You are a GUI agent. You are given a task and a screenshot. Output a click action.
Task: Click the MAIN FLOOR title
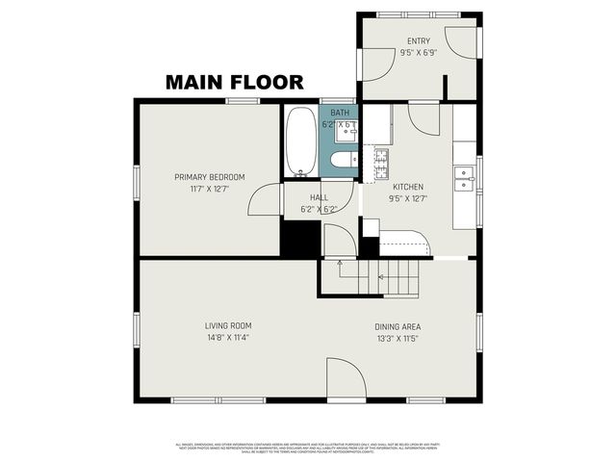[234, 83]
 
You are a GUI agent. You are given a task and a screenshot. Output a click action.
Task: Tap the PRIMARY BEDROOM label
[209, 177]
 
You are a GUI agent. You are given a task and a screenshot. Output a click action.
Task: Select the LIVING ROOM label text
[227, 325]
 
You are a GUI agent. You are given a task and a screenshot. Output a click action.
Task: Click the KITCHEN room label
[408, 187]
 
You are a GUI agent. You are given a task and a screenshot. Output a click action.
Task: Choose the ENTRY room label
[419, 41]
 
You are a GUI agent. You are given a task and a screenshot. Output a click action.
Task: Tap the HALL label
[319, 197]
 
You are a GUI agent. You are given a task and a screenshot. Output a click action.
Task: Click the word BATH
[340, 113]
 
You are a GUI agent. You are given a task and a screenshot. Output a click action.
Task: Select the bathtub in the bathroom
[300, 142]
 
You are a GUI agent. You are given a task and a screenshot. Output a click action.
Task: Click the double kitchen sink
[465, 179]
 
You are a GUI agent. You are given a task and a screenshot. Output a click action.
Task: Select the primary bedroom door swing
[263, 200]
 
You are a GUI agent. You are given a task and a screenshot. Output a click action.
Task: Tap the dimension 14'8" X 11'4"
[227, 338]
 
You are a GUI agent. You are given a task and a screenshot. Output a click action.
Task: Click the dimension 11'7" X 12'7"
[209, 190]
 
